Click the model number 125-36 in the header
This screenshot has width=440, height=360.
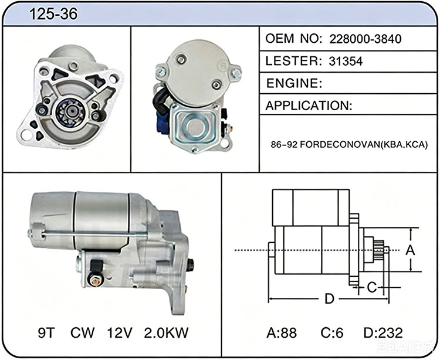[x=53, y=13]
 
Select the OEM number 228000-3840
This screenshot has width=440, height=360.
[x=365, y=39]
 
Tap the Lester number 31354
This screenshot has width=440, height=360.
[x=346, y=61]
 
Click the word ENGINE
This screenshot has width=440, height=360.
[x=294, y=83]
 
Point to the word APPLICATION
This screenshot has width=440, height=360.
[x=309, y=106]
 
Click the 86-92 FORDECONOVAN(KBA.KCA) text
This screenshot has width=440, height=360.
[x=349, y=145]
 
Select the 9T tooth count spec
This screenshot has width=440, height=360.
[x=46, y=333]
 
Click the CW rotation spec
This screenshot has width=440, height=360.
[x=82, y=333]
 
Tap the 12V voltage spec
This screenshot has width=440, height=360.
[x=119, y=333]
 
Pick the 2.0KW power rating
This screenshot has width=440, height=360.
[x=166, y=333]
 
